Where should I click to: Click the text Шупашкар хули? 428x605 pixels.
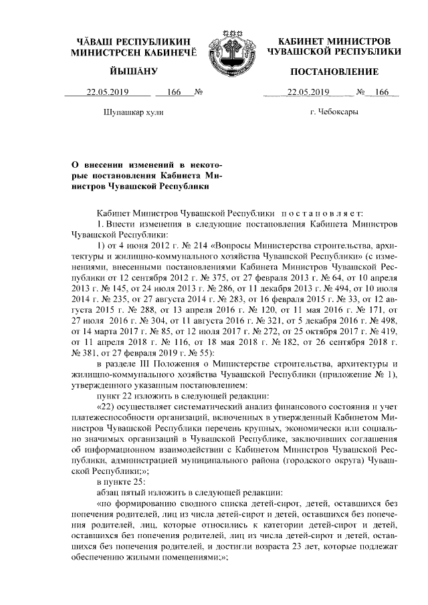pyautogui.click(x=134, y=112)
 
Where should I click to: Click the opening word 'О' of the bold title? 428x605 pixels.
pyautogui.click(x=74, y=164)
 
